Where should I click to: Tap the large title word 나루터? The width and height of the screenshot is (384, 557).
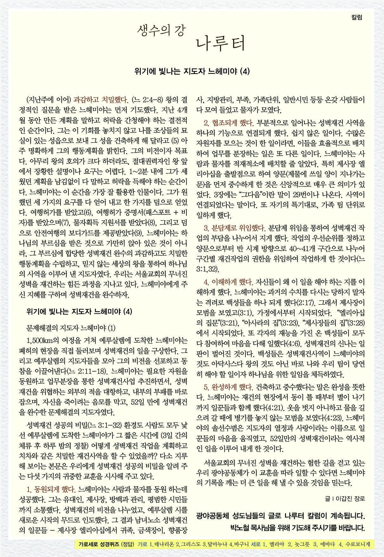click(x=221, y=44)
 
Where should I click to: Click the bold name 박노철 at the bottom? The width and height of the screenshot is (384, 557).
click(x=241, y=528)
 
